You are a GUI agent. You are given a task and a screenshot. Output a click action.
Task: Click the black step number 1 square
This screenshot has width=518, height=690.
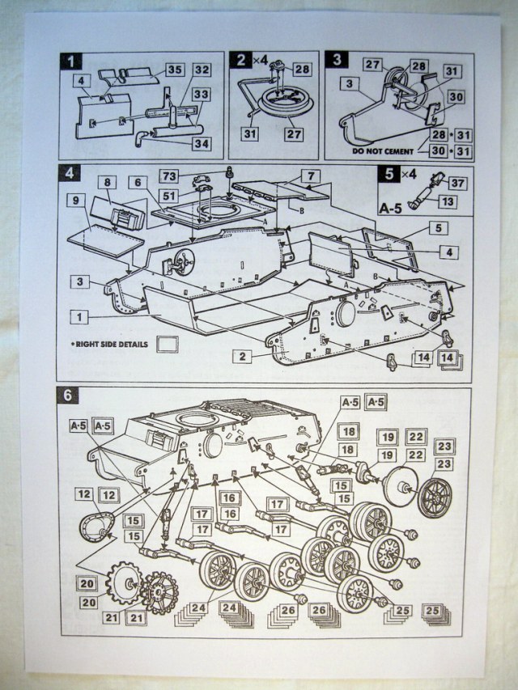tap(72, 60)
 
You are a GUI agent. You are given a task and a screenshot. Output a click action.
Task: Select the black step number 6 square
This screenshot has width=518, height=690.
tap(68, 396)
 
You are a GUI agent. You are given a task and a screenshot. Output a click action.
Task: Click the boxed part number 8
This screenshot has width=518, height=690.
tap(107, 182)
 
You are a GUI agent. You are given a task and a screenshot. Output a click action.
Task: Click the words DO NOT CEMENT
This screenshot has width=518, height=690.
tap(383, 150)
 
